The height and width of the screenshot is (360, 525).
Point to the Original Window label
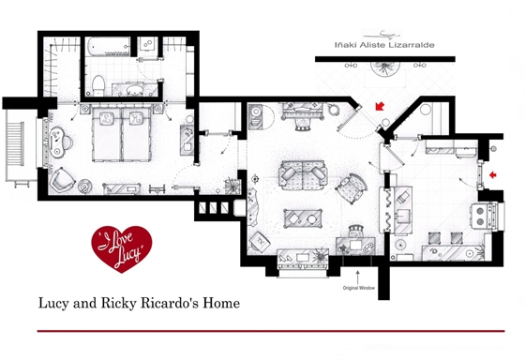tap(358, 288)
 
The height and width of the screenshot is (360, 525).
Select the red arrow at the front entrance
tap(380, 106)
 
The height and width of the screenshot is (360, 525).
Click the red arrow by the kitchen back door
tap(492, 174)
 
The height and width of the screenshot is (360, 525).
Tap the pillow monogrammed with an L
tap(107, 118)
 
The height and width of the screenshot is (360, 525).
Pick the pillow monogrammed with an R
tap(136, 118)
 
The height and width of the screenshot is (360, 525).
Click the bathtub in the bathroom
tap(108, 47)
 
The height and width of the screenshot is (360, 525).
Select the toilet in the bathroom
tap(98, 85)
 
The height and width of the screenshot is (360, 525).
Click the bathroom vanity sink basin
tap(136, 90)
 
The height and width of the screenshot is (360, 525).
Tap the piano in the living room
tap(303, 111)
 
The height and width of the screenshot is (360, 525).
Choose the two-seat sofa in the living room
tap(303, 174)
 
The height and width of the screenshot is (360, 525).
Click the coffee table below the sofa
tap(304, 219)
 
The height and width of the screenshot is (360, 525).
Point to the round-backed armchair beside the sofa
tap(352, 187)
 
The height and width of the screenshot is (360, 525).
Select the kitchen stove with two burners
tap(484, 216)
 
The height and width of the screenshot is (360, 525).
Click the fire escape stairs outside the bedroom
tap(16, 145)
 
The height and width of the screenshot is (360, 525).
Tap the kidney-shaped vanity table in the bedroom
tap(57, 142)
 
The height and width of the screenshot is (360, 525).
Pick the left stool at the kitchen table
tap(435, 238)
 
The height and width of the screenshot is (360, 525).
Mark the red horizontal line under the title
tap(271, 331)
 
